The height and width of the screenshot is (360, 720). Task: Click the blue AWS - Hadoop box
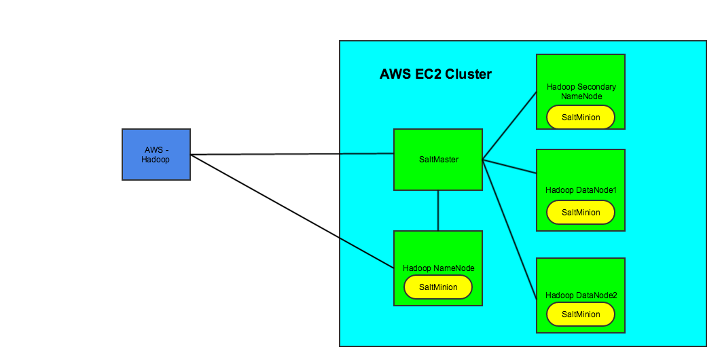(156, 154)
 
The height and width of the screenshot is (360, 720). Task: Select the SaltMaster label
(438, 160)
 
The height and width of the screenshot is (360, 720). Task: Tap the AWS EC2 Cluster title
(435, 74)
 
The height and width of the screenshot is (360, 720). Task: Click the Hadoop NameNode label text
(438, 268)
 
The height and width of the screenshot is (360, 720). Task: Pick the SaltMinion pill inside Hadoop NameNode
(438, 287)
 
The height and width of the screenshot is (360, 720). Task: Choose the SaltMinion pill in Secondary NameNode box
(581, 118)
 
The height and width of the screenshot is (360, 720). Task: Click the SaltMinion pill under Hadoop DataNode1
(581, 213)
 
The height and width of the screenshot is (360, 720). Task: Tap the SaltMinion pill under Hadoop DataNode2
(581, 314)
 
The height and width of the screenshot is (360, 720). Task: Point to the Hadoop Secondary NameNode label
(581, 92)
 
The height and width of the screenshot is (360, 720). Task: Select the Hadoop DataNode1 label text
(581, 190)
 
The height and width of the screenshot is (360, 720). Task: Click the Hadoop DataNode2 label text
(581, 295)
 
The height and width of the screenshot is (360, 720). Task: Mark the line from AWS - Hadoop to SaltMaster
(292, 154)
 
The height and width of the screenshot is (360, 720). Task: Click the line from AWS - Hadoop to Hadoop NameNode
(292, 211)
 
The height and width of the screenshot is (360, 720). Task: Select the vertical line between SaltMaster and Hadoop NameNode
(438, 211)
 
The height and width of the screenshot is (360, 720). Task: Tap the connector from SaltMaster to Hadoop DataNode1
(509, 166)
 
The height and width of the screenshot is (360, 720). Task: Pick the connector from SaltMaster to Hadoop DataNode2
(509, 230)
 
